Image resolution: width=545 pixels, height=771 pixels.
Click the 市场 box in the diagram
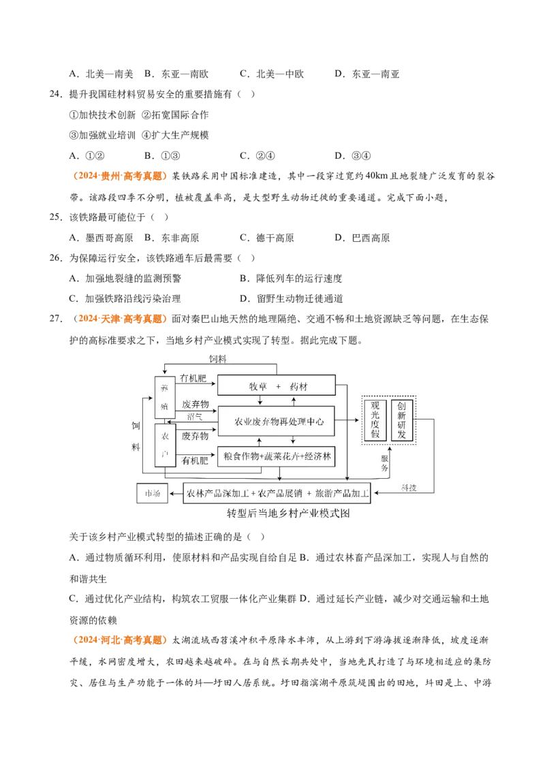pos(152,493)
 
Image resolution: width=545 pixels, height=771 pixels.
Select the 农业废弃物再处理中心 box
pos(277,422)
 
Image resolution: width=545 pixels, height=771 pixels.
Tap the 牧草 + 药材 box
pos(277,385)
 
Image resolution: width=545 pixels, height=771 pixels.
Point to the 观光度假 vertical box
pos(375,420)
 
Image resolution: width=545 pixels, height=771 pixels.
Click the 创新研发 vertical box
pos(401,420)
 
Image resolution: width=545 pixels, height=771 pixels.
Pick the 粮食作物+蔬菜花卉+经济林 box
pos(277,456)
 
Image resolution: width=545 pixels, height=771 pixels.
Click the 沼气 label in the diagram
pos(195,417)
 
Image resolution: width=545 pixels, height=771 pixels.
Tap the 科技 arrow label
pos(409,487)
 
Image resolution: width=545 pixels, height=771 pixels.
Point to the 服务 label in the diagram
pos(385,462)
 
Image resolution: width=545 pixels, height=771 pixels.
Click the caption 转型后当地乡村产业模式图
pos(288,514)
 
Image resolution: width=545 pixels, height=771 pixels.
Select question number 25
pos(56,217)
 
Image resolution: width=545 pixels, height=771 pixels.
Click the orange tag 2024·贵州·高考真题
pos(120,176)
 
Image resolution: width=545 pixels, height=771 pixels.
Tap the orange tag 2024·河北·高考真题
pos(120,640)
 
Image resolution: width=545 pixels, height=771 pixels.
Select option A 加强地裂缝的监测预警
pos(125,279)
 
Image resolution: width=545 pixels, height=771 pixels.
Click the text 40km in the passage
pos(377,176)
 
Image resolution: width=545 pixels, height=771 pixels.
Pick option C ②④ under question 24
pos(258,156)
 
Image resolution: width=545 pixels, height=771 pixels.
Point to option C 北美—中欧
pos(272,74)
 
